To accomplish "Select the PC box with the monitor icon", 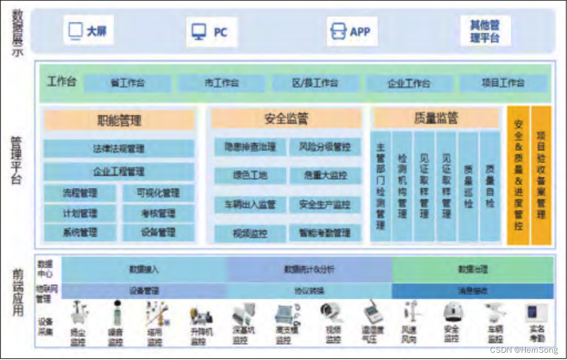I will tap(210, 32).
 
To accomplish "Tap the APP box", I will tap(352, 32).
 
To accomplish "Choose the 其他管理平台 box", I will tap(485, 32).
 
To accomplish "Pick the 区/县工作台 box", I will tap(315, 84).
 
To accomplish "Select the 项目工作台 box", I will tap(503, 84).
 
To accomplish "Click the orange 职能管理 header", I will tap(119, 120).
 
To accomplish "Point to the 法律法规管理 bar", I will tap(119, 148).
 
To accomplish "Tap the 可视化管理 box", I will tap(158, 193).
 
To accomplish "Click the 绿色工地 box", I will tap(250, 176).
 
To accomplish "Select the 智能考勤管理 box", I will tap(324, 233).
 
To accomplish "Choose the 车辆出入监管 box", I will tap(250, 204).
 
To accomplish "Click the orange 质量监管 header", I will tap(436, 118).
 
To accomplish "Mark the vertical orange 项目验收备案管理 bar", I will tap(541, 176).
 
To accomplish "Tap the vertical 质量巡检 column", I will tap(468, 187).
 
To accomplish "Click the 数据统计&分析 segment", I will tap(309, 269).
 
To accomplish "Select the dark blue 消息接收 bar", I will tap(472, 291).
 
